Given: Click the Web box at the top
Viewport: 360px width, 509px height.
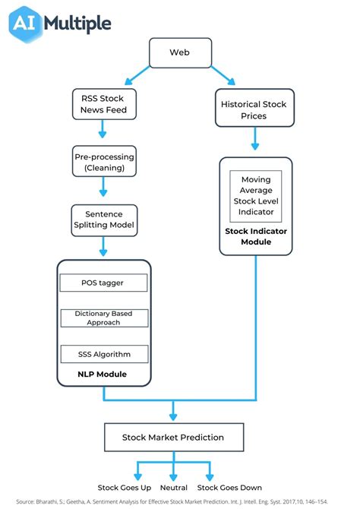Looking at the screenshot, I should [178, 53].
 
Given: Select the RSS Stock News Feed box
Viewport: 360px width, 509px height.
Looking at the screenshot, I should [103, 104].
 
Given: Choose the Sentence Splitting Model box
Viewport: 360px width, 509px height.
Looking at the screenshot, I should [103, 220].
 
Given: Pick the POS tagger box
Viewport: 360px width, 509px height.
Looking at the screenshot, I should [103, 283].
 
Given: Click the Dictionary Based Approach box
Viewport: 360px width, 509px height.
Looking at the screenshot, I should [103, 317].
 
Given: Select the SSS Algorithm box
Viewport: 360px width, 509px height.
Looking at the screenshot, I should [103, 353].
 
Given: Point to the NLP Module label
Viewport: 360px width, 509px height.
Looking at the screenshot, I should [103, 374].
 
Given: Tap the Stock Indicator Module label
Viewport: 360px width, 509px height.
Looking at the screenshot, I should [255, 236].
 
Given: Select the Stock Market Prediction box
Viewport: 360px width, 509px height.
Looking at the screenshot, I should [173, 437].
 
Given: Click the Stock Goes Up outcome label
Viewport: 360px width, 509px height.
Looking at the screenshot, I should [125, 487].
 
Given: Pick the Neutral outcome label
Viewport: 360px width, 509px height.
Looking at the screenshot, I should [173, 487].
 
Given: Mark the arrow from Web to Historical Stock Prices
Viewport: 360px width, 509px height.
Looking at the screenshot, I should [223, 74].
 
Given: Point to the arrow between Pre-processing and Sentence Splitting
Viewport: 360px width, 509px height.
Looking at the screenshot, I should [103, 190].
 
